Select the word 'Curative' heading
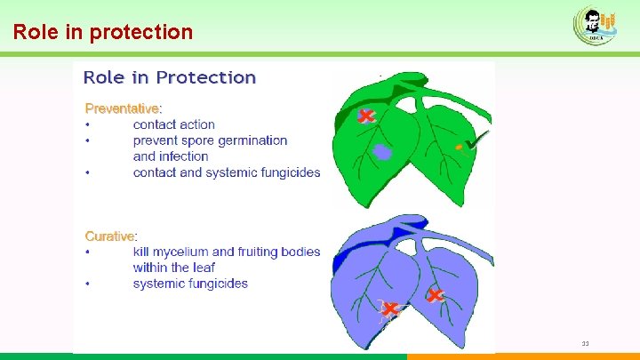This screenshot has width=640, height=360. tap(109, 236)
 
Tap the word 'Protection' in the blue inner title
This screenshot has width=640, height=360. tap(208, 77)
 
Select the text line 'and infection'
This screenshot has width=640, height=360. tap(171, 156)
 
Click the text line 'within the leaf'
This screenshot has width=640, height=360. tap(174, 268)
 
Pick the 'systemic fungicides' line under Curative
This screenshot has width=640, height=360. tap(190, 284)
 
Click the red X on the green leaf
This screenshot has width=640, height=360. tap(365, 116)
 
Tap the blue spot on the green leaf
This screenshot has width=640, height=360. tap(382, 152)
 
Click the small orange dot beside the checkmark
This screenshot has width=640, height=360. tap(459, 146)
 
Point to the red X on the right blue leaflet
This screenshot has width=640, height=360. tap(435, 295)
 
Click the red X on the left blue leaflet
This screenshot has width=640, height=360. tap(389, 309)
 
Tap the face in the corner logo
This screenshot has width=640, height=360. tap(590, 20)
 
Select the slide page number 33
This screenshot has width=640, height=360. tap(585, 344)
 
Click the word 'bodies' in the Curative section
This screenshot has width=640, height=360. tap(300, 252)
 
